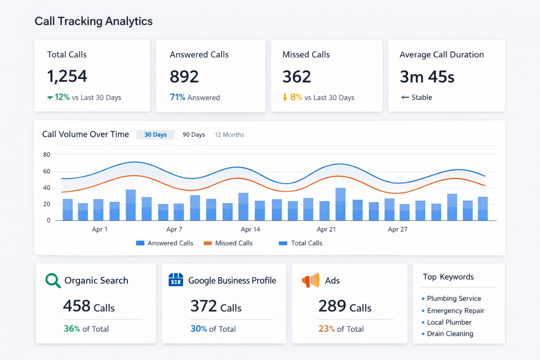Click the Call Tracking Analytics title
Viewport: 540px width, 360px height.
point(94,21)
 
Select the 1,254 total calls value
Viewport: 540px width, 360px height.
point(67,76)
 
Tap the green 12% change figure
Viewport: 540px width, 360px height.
point(62,97)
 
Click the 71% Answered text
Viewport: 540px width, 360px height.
point(195,97)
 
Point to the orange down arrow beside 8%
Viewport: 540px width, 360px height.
point(285,97)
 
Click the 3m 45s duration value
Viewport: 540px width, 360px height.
point(427,77)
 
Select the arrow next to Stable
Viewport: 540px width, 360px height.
point(405,97)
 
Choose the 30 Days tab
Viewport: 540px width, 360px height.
point(155,135)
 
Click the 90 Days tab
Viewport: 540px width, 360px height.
point(193,135)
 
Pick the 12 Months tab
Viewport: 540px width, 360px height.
point(229,135)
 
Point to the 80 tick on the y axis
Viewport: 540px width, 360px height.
point(46,155)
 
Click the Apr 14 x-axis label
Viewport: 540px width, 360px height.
point(250,229)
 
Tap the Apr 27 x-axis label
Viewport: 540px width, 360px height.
point(397,229)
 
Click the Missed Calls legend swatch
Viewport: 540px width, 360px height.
point(208,243)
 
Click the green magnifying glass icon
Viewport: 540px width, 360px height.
point(53,281)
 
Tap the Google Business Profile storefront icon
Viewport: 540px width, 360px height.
point(176,280)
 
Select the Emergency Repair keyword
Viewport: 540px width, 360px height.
point(455,311)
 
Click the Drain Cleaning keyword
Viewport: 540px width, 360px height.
point(450,334)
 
